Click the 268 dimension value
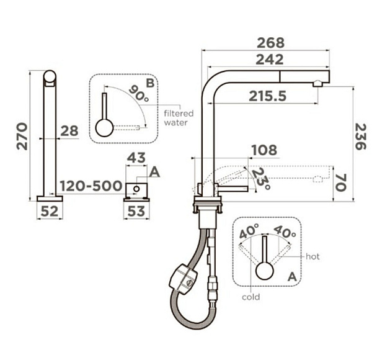click(270, 43)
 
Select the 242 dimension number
click(270, 60)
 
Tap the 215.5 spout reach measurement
click(268, 96)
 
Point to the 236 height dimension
click(360, 137)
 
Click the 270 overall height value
click(22, 137)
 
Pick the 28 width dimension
click(69, 131)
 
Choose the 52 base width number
click(50, 211)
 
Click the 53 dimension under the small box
click(136, 211)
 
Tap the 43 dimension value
click(136, 158)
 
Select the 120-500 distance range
click(91, 186)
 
